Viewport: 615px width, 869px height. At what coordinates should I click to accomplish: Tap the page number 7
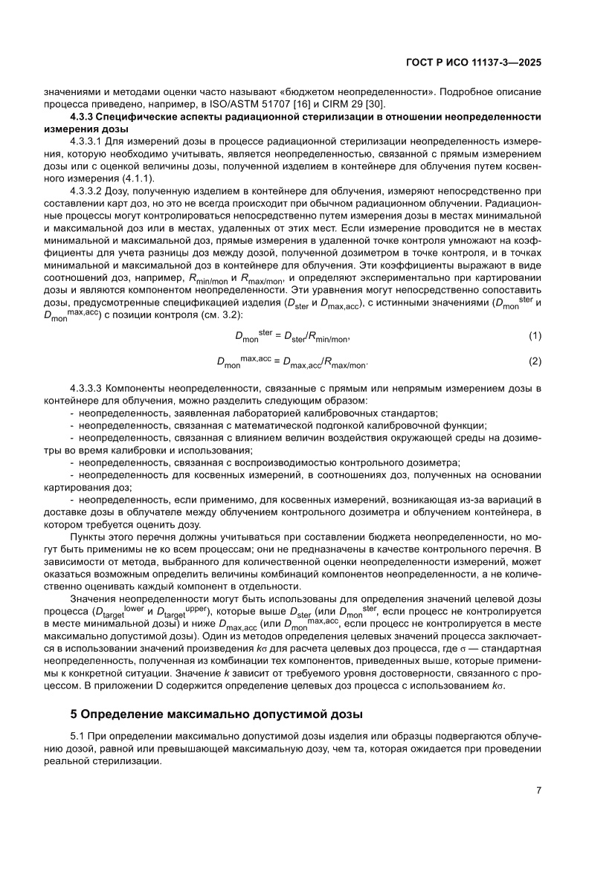click(538, 790)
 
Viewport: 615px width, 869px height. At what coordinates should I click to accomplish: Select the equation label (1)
click(533, 337)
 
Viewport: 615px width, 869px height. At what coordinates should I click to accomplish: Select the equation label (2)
click(533, 361)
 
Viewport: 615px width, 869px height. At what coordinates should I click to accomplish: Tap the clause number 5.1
click(77, 735)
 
